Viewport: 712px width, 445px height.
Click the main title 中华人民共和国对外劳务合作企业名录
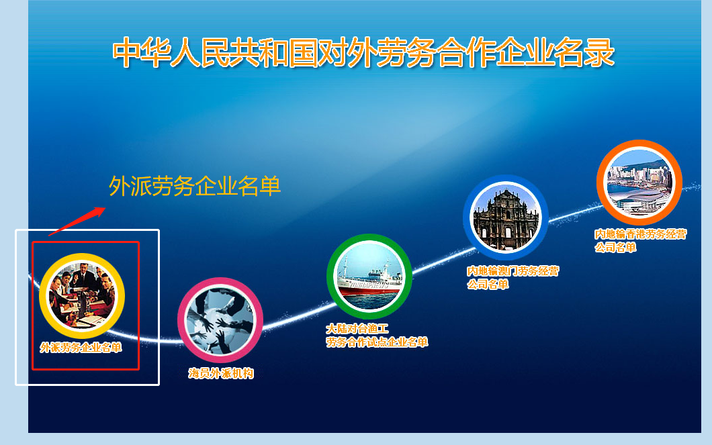pos(363,53)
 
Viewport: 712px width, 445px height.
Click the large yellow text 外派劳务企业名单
pos(195,186)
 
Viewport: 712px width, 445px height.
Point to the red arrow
pos(77,221)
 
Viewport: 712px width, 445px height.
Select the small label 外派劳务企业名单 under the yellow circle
pos(81,348)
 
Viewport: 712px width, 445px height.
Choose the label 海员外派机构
pos(221,374)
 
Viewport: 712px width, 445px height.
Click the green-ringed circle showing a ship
pos(369,276)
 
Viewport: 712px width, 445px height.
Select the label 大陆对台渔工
pos(357,329)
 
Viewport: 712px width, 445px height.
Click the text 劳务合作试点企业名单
pos(377,342)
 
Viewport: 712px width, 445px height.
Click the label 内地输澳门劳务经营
pos(513,271)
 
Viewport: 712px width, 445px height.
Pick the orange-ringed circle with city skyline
pos(639,182)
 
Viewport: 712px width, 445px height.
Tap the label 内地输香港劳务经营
pos(641,234)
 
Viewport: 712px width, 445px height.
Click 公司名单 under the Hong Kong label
pos(615,247)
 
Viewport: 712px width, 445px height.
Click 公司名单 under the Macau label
pos(488,284)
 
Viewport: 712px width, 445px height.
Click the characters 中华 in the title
pos(140,53)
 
